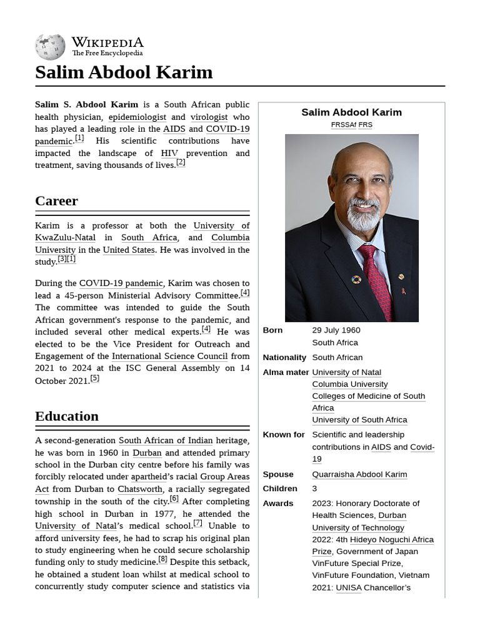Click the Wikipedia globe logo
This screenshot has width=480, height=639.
(x=50, y=47)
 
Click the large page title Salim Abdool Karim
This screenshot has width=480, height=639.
(x=124, y=72)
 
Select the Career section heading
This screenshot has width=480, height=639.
(x=57, y=201)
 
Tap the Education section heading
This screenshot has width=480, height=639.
(x=67, y=416)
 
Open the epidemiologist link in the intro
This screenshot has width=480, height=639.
(x=137, y=117)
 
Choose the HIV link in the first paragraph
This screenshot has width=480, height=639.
(x=169, y=153)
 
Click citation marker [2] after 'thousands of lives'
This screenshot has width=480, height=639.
(x=181, y=162)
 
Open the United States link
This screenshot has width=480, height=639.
(x=129, y=250)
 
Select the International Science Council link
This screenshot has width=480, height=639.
(x=169, y=356)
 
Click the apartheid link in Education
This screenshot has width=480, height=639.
(x=149, y=477)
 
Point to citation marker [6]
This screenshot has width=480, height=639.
(x=174, y=499)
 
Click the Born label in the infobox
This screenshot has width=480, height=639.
(x=272, y=330)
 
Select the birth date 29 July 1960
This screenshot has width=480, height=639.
(x=336, y=330)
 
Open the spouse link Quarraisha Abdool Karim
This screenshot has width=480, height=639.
(x=359, y=474)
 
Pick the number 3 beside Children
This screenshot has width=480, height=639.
(x=315, y=489)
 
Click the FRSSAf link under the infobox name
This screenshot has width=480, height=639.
(x=343, y=125)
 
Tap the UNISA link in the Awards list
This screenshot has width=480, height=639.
(x=348, y=588)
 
